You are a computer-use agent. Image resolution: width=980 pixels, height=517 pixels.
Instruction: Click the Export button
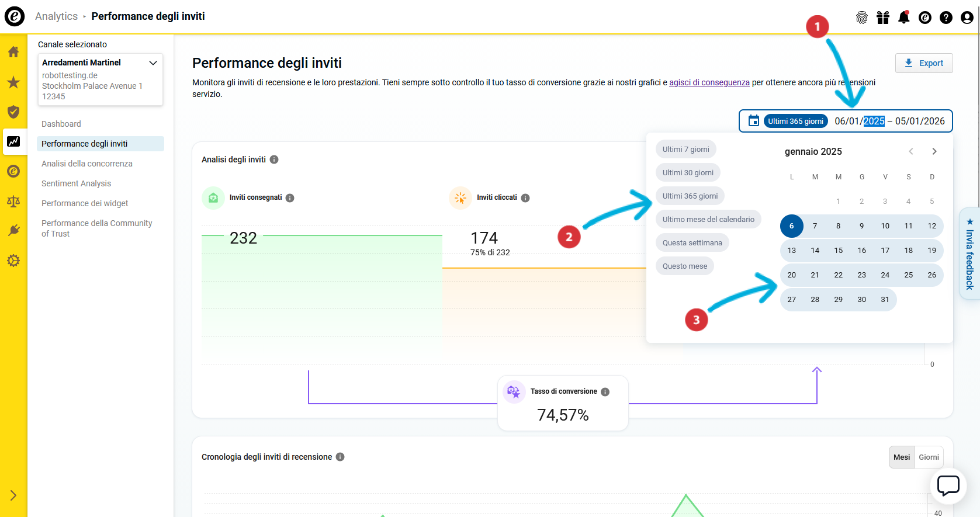point(924,63)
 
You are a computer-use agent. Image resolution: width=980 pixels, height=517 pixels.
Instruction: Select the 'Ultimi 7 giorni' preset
point(685,150)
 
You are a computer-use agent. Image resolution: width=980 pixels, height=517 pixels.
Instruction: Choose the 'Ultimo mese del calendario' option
point(708,220)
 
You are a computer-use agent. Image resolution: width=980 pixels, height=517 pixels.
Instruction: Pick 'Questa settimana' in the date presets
point(692,243)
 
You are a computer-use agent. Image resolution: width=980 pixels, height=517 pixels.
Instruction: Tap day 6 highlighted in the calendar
point(792,226)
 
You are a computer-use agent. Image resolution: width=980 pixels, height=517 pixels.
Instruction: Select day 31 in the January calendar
point(885,300)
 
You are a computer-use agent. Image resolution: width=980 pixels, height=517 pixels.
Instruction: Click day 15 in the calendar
point(839,251)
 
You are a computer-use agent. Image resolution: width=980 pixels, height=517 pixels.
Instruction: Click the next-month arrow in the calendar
point(934,151)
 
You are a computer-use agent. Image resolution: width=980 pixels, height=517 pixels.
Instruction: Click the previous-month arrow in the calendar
point(911,151)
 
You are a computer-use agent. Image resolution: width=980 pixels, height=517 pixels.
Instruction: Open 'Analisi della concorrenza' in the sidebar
point(87,164)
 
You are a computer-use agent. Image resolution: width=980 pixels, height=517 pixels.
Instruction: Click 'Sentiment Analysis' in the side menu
point(76,183)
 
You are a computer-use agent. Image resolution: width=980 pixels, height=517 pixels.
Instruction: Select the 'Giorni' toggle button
point(929,457)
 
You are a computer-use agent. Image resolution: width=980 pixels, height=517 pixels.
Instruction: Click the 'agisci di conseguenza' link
point(709,82)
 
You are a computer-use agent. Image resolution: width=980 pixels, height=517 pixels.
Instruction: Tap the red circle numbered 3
point(696,320)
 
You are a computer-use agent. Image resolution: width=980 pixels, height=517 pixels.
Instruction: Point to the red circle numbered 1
point(817,26)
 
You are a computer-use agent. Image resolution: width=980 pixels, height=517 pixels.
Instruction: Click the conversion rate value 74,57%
point(563,415)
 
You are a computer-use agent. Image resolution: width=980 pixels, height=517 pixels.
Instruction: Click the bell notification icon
point(903,18)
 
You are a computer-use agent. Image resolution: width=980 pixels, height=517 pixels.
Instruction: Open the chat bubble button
point(948,485)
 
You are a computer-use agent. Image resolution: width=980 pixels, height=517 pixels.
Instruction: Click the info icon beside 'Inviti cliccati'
point(525,198)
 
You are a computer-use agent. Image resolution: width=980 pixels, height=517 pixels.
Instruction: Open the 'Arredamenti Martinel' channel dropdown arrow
point(153,63)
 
